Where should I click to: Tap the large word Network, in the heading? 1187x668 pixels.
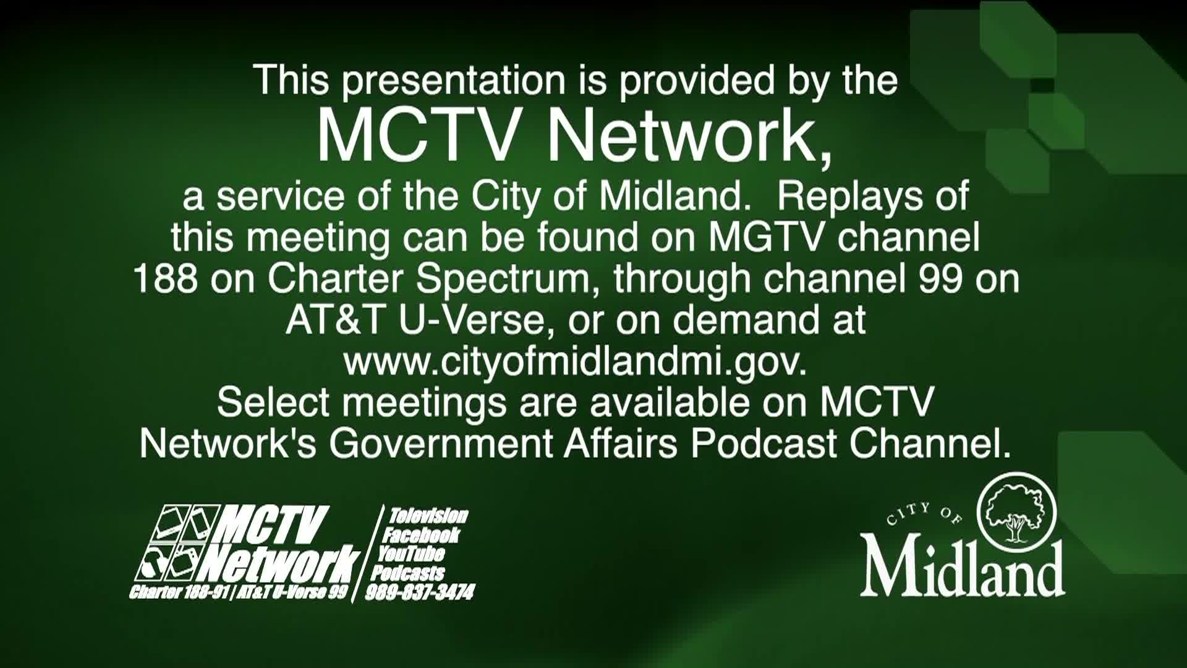pyautogui.click(x=690, y=138)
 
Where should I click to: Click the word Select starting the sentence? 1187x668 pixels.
pyautogui.click(x=273, y=403)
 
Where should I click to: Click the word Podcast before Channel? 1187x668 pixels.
pyautogui.click(x=764, y=443)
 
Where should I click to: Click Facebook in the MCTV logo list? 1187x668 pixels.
pyautogui.click(x=421, y=535)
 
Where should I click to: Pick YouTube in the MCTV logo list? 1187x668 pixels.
pyautogui.click(x=411, y=554)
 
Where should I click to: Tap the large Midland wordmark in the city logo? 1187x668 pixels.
pyautogui.click(x=962, y=568)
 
